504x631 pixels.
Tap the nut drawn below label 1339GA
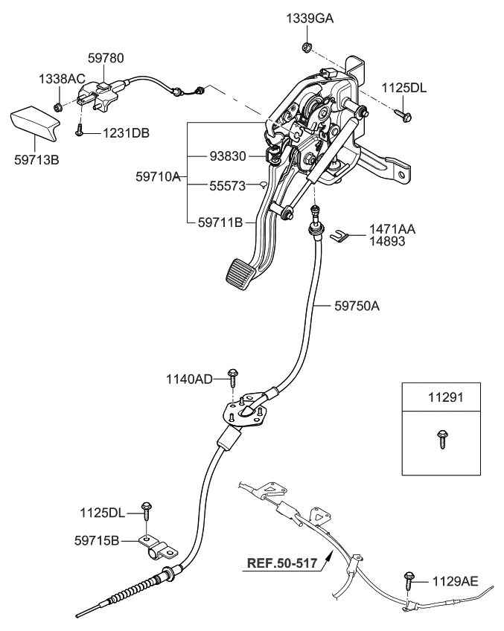click(x=305, y=49)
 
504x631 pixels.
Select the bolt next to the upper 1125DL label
click(x=404, y=115)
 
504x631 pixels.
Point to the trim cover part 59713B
click(x=36, y=123)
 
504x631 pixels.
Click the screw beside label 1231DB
click(x=79, y=132)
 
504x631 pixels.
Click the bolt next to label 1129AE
click(x=409, y=578)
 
